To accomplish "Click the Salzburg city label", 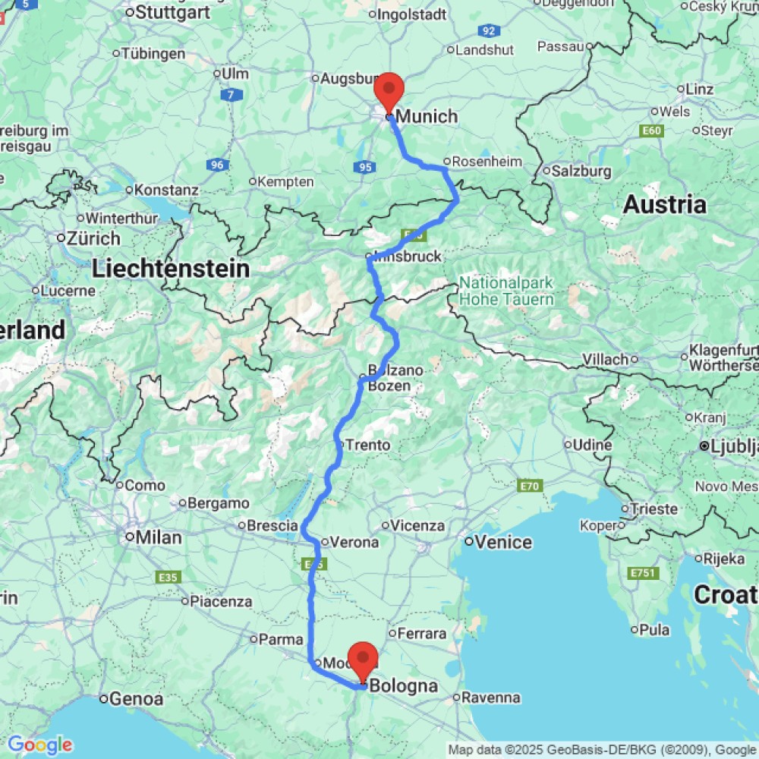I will pos(581,171).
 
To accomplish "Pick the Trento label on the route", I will pos(368,446).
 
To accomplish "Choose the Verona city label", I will pos(354,542).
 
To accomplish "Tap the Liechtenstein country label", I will pos(171,268).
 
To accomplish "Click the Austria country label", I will pos(664,204).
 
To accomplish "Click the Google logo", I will pos(39,745).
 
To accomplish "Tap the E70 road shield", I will pos(529,485).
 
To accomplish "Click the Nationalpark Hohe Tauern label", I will pos(506,291).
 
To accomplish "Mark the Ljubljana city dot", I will pos(705,446).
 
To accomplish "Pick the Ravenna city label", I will pos(491,697).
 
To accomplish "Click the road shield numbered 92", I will pos(489,31).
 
